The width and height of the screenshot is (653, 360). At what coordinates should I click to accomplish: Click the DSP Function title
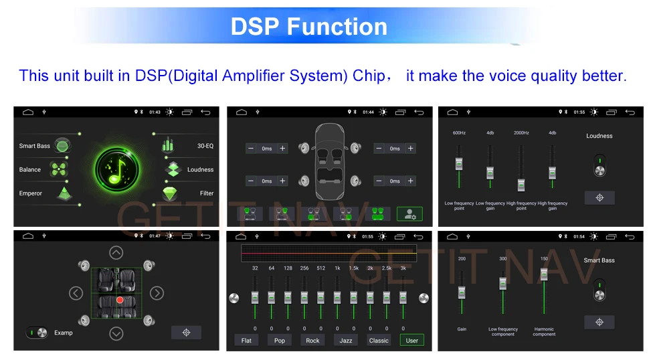point(309,26)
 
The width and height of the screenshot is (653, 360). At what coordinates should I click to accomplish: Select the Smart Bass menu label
point(35,146)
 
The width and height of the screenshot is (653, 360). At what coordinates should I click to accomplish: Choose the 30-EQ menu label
point(205,146)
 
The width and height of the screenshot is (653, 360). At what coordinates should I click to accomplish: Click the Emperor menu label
point(31,193)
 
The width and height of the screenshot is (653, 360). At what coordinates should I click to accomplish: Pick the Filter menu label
point(207,193)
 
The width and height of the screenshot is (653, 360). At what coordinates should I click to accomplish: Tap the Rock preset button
point(312,341)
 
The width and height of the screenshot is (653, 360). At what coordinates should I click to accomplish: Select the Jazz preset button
point(345,341)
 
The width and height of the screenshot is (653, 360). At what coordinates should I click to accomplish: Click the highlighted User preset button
point(411,341)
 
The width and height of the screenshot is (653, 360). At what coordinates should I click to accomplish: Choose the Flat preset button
point(246,341)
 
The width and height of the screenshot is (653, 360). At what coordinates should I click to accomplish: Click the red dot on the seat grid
point(120,300)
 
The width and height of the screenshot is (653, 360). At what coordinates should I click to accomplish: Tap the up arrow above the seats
point(116,253)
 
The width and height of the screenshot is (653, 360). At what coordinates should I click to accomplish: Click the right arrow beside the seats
point(157,293)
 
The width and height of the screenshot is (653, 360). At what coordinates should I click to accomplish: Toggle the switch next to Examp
point(37,333)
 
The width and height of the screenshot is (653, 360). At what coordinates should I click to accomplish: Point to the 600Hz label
point(459,133)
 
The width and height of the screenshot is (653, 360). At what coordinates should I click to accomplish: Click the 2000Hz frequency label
point(521,133)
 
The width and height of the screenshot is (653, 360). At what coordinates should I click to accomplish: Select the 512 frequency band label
point(320,268)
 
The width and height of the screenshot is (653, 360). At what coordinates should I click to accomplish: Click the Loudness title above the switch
point(599,136)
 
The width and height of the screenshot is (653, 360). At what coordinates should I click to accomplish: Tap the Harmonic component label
point(544,331)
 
